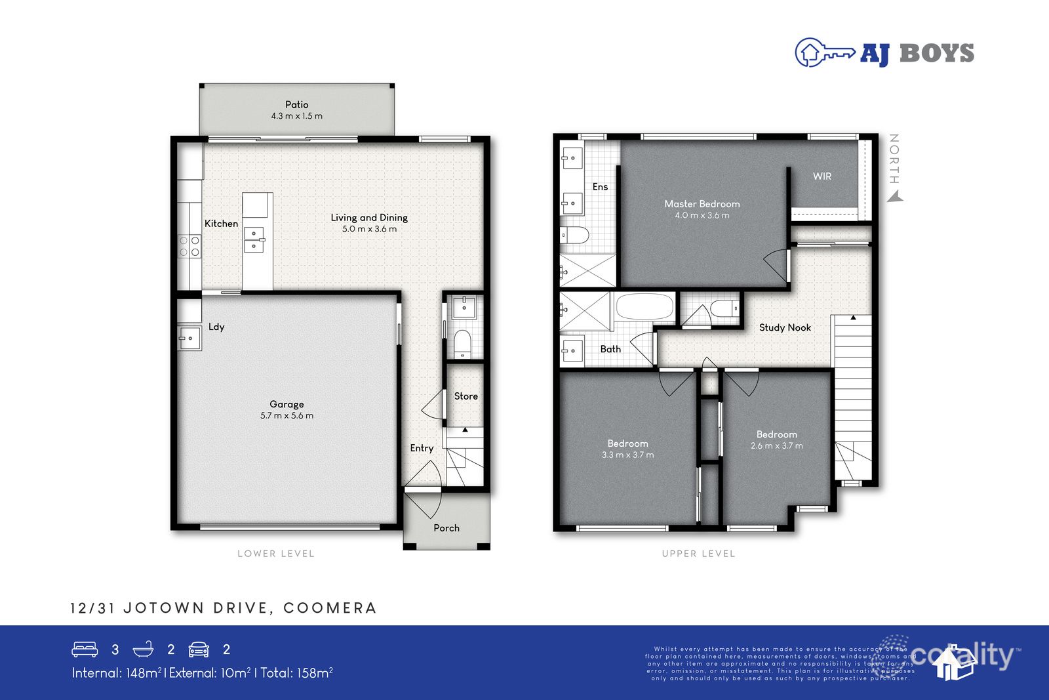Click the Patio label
(x=296, y=104)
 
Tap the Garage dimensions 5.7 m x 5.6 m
(x=287, y=416)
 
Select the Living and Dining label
(x=368, y=217)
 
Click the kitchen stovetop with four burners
(x=189, y=247)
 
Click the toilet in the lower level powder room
(x=463, y=344)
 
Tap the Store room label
(x=465, y=396)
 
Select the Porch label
(x=446, y=528)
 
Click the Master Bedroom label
(x=702, y=204)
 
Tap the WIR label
(x=821, y=176)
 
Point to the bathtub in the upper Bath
(x=645, y=306)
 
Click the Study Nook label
(x=785, y=327)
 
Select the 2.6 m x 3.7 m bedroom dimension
(x=776, y=446)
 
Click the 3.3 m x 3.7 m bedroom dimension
(x=627, y=455)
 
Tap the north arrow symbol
(x=896, y=196)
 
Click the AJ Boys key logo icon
(x=824, y=52)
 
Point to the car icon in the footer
(x=199, y=649)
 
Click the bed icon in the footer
(x=85, y=649)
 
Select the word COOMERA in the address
(x=330, y=608)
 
